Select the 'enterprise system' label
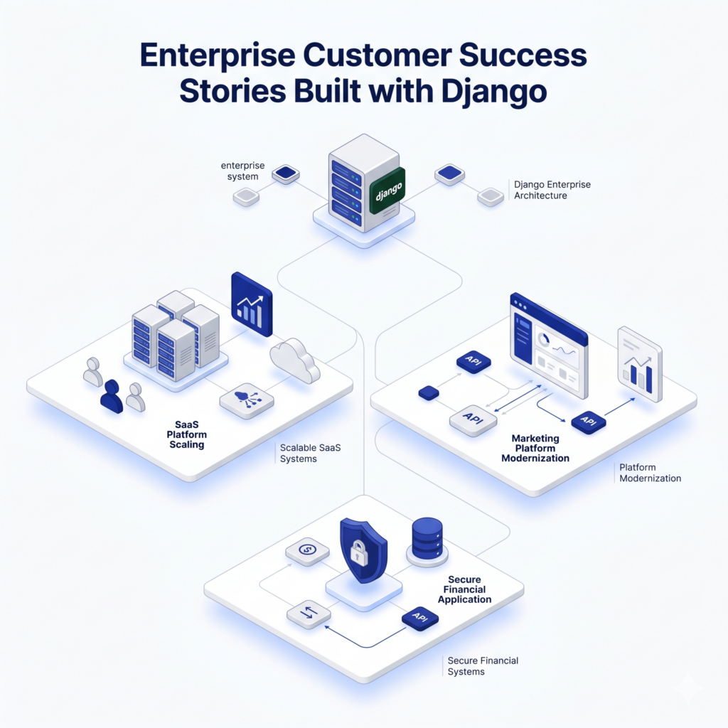[242, 171]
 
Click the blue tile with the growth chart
[252, 304]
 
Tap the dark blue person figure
[112, 397]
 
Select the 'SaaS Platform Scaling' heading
[186, 434]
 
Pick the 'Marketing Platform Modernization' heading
[535, 449]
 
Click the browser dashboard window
[548, 346]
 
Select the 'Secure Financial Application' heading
[464, 589]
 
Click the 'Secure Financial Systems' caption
[483, 666]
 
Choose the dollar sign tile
[307, 550]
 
